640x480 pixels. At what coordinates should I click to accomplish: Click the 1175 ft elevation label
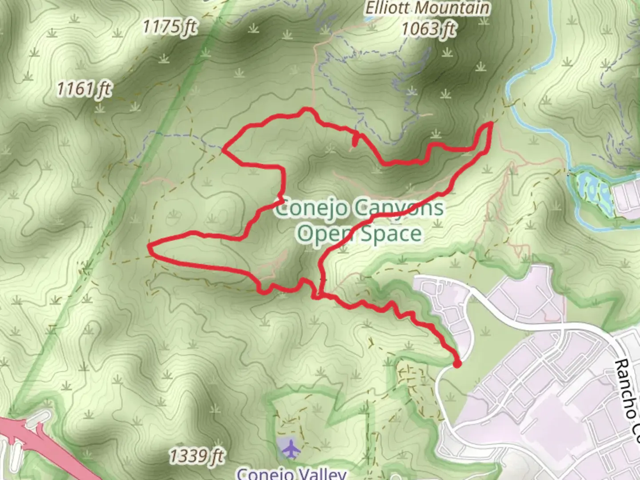click(169, 27)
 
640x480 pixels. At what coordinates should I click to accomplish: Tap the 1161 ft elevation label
click(84, 89)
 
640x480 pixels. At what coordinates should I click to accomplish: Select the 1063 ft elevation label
click(428, 29)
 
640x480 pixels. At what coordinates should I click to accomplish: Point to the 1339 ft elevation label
click(197, 456)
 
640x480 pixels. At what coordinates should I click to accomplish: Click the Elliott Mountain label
click(428, 8)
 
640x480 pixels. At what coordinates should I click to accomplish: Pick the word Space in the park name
click(391, 233)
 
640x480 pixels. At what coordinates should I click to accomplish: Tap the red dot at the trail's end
click(456, 364)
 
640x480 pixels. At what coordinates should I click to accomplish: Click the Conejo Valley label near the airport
click(291, 473)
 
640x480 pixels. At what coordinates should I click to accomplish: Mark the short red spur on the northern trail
click(355, 140)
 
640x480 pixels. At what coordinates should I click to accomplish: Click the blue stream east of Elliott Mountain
click(533, 71)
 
